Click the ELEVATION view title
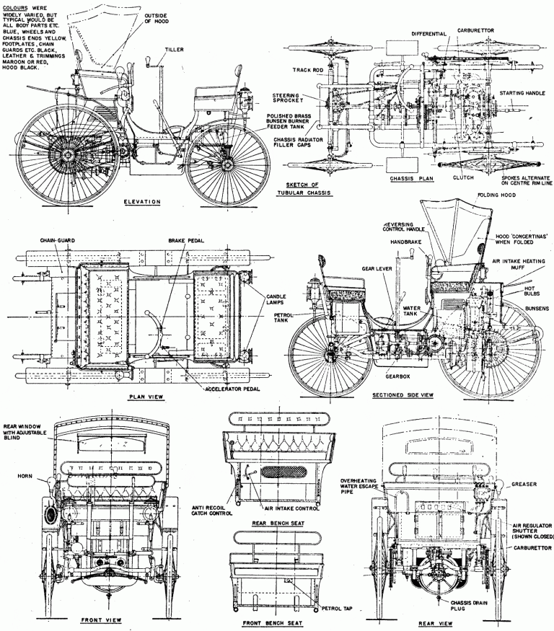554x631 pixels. tap(141, 201)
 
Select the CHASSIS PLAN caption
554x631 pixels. tap(410, 178)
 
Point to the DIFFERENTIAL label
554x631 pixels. tap(430, 33)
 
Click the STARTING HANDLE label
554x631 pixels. tap(522, 94)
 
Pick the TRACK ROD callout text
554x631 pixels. tap(307, 70)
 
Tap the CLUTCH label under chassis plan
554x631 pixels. tap(465, 177)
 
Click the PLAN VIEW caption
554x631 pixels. tap(146, 397)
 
